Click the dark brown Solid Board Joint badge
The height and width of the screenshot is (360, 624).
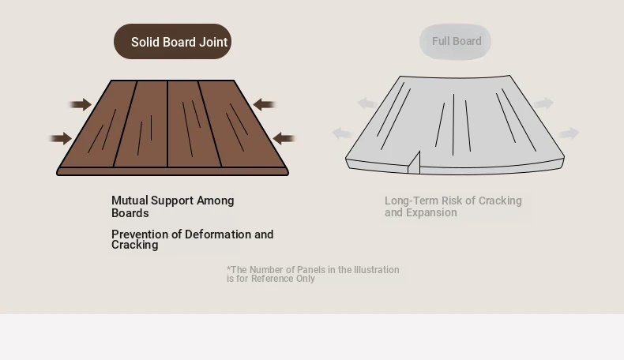(x=172, y=41)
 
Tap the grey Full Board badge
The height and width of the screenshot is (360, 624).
(x=455, y=41)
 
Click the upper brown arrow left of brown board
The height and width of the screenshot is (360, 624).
(x=81, y=105)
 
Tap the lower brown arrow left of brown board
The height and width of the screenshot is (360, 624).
(x=61, y=138)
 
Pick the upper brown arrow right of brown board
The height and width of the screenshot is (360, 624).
(x=265, y=105)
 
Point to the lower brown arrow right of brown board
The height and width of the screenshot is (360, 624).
(x=284, y=138)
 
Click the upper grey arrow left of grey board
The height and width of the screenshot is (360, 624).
(x=367, y=103)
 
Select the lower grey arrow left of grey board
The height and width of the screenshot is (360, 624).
(x=342, y=133)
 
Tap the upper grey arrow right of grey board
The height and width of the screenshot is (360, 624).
(x=543, y=103)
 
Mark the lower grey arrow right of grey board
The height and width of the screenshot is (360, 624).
(x=569, y=133)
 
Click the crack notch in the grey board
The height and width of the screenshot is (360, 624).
(x=415, y=163)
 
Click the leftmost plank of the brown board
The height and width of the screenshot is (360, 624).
(x=97, y=124)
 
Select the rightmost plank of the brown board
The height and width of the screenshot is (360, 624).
(x=242, y=124)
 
